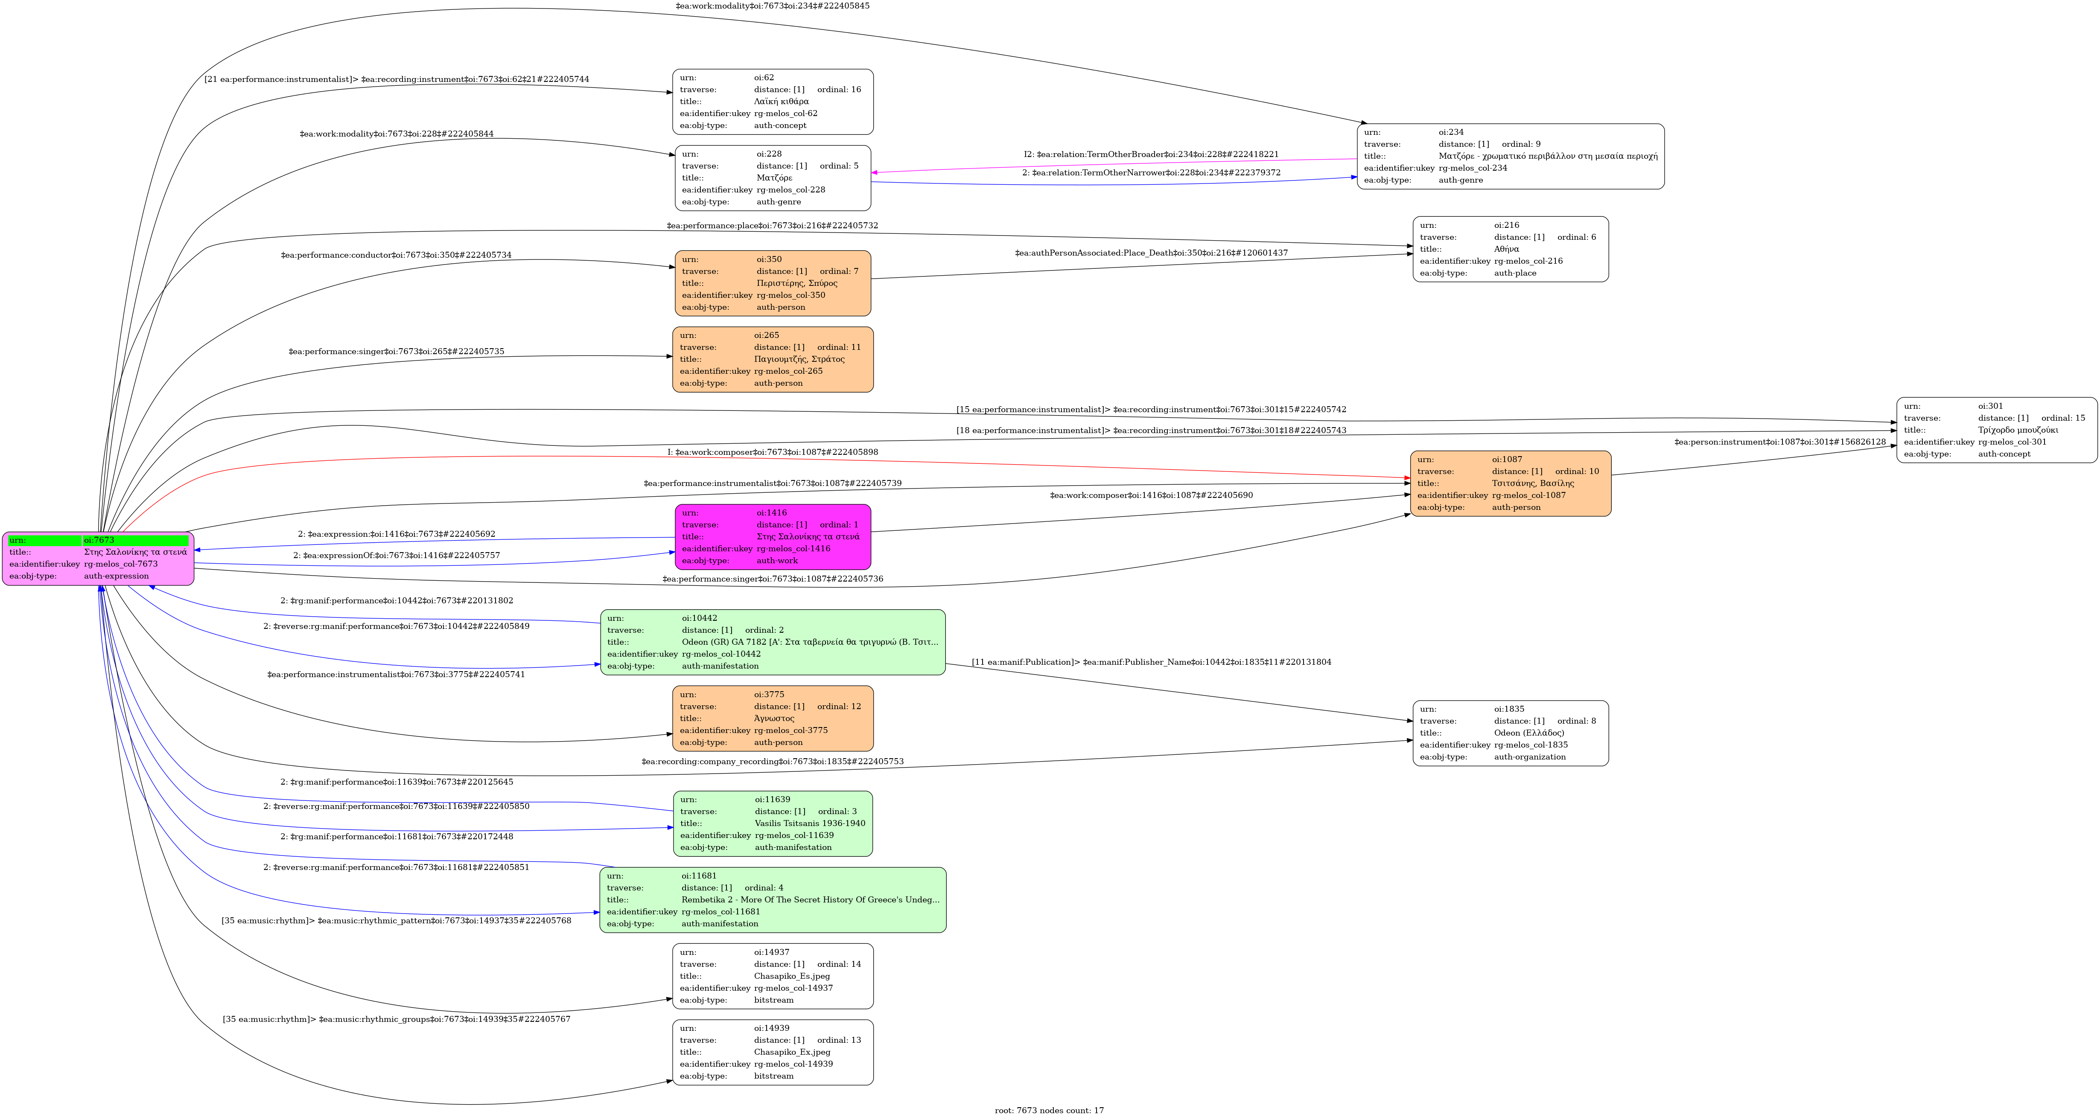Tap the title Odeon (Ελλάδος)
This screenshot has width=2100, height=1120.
[1528, 733]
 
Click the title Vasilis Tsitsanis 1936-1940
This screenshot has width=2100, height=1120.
[810, 823]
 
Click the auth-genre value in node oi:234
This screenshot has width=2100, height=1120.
[1460, 180]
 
